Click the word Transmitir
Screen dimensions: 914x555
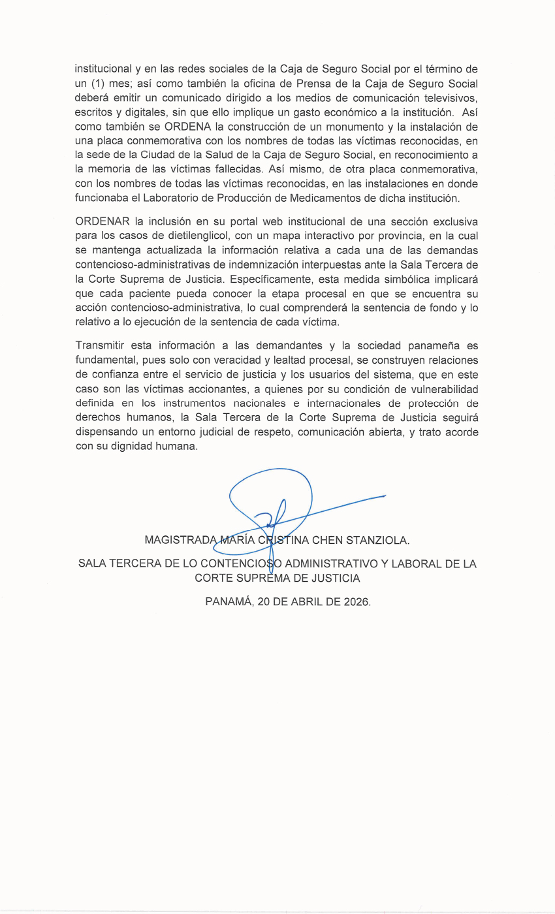100,345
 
